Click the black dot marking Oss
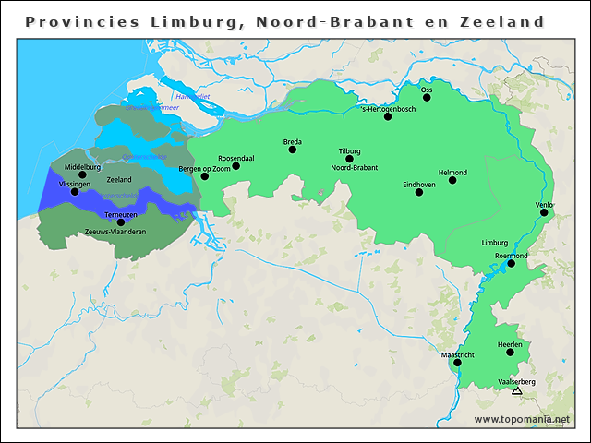427,97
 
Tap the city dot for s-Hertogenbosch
388,116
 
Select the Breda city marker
293,149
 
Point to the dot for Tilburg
349,159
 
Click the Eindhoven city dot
419,193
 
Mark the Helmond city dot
452,180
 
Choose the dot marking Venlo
544,212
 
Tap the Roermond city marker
511,263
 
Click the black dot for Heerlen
510,352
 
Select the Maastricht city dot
457,363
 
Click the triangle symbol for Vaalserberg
516,391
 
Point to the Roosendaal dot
235,166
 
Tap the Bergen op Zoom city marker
205,176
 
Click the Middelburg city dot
82,174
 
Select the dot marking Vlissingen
75,192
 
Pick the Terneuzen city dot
120,221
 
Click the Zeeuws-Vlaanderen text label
115,232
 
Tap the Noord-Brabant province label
355,168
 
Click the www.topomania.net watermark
522,419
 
